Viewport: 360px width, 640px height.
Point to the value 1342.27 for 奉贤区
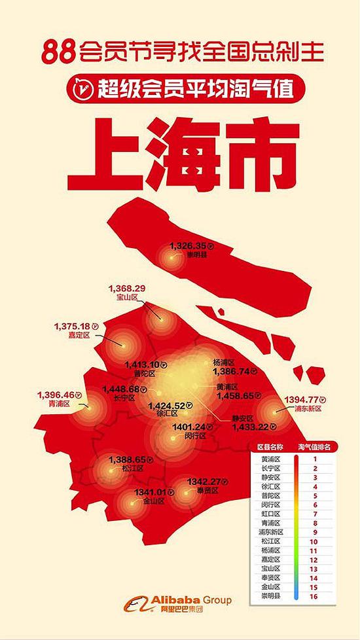(x=204, y=482)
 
